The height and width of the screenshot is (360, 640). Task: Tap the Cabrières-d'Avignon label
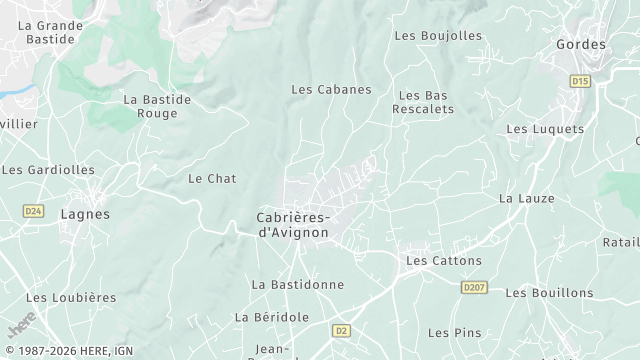[293, 225]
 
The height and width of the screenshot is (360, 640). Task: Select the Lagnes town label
[85, 214]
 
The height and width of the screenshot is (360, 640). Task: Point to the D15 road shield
[579, 80]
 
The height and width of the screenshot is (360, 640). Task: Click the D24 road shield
[33, 211]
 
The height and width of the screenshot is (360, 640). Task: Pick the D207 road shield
[474, 287]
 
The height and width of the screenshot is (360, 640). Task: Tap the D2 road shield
[342, 329]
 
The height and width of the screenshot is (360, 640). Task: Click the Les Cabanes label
[331, 89]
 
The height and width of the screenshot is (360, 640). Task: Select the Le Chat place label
[212, 178]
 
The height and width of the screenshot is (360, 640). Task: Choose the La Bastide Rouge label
[150, 106]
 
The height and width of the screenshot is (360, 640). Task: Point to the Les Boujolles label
[438, 35]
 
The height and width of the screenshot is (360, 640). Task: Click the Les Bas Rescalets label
[425, 102]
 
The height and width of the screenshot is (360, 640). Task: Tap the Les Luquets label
[545, 129]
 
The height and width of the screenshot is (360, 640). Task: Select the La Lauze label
[526, 198]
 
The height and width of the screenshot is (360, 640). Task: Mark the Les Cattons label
[443, 260]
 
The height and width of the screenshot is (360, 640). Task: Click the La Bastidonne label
[297, 284]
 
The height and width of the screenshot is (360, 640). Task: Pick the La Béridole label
[272, 316]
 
